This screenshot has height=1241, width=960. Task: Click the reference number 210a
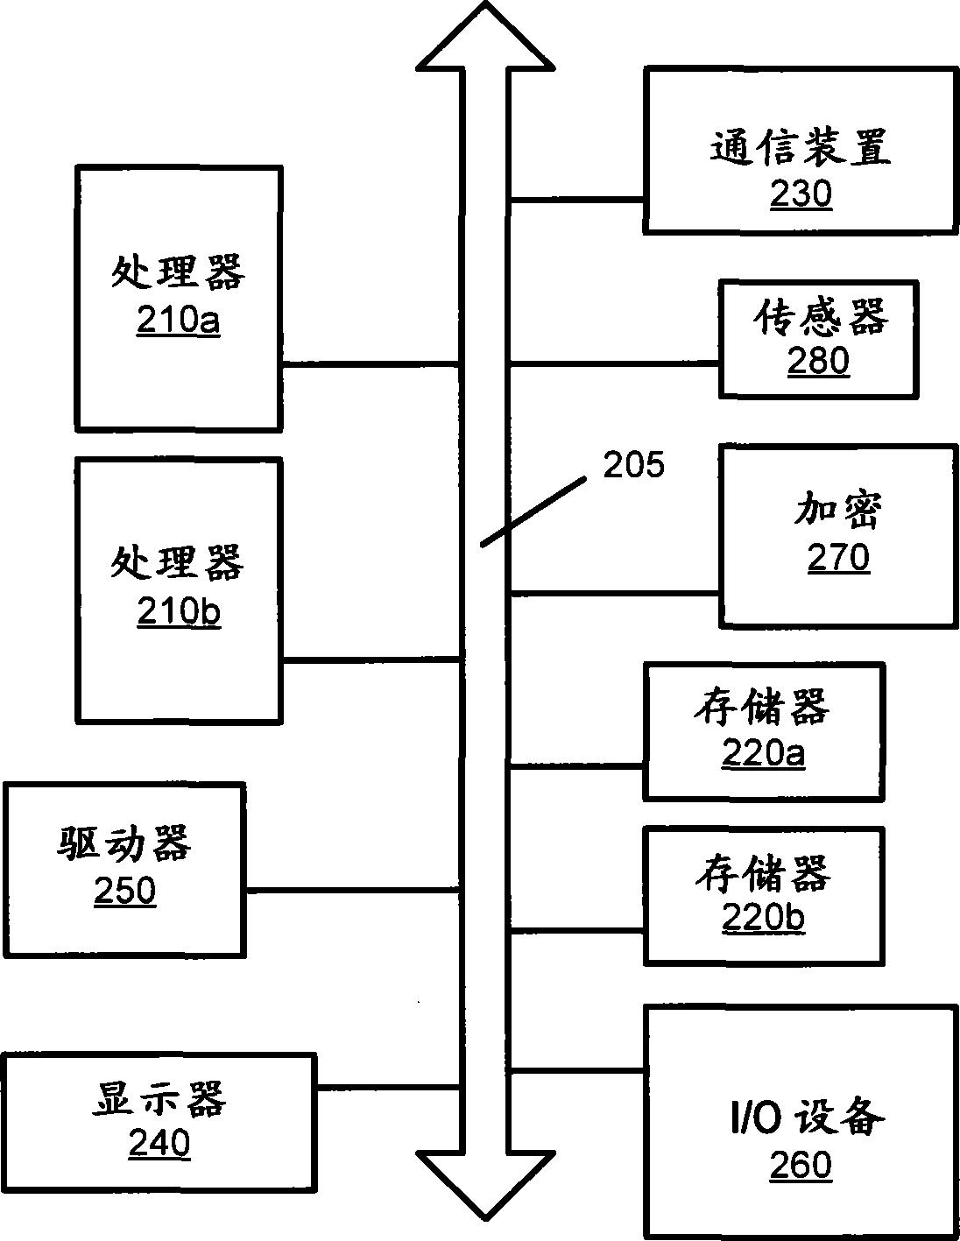tap(178, 321)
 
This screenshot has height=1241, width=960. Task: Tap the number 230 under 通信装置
tap(801, 194)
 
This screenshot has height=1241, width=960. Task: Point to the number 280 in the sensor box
tap(818, 361)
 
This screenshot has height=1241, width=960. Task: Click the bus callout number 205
tap(633, 465)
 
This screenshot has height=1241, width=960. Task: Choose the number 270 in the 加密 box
tap(838, 557)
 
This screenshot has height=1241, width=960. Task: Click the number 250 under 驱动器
tap(124, 891)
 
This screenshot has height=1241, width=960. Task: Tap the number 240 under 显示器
tap(159, 1143)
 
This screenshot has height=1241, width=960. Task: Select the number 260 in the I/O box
tap(801, 1165)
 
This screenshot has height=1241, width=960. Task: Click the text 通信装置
tap(800, 147)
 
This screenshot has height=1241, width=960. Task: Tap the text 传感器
tap(820, 317)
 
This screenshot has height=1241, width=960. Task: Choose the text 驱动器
tap(124, 844)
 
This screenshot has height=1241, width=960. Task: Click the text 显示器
tap(159, 1098)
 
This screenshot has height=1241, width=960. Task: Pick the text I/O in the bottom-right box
tap(755, 1119)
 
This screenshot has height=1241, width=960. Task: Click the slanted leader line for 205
tap(534, 511)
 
